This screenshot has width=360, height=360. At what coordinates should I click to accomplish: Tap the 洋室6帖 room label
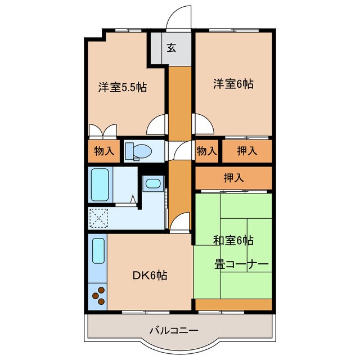[x=233, y=84]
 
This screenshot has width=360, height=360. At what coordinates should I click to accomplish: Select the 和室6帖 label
[x=233, y=241]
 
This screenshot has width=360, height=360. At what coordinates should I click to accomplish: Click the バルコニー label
[x=173, y=330]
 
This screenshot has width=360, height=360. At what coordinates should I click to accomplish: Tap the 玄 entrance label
[x=171, y=48]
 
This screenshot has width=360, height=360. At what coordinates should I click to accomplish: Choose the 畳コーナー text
[x=240, y=263]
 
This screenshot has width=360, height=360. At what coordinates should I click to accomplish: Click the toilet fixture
[x=138, y=151]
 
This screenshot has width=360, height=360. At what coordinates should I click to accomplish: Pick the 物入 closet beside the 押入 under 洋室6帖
[x=207, y=151]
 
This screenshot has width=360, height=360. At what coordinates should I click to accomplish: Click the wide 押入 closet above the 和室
[x=233, y=178]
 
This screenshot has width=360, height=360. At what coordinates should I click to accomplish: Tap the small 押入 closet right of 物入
[x=247, y=151]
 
